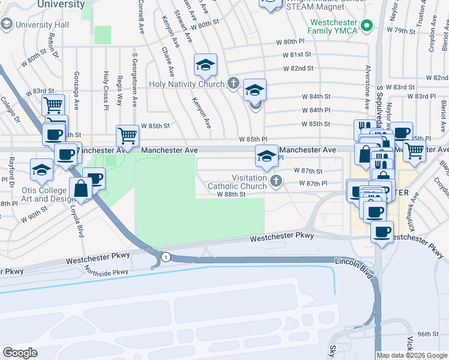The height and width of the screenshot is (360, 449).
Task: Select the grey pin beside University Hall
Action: tap(7, 25)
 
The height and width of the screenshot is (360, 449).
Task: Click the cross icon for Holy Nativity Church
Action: tap(234, 83)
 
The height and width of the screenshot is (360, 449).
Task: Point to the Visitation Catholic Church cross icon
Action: tap(276, 181)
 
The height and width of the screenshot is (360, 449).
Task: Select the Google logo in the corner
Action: tap(20, 352)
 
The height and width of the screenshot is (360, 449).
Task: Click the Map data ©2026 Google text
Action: tap(412, 355)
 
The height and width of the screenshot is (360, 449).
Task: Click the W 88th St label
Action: tap(232, 194)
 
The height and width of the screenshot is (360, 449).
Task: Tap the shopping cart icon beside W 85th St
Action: tap(127, 136)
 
